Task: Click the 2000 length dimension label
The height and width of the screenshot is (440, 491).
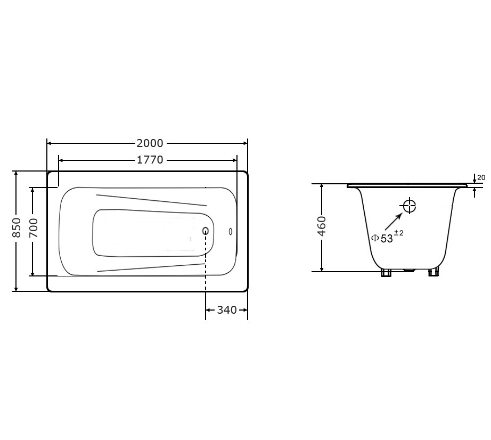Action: tap(150, 143)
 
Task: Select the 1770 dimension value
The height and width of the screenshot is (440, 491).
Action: tap(150, 160)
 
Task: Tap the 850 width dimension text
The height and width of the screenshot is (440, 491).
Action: tap(17, 227)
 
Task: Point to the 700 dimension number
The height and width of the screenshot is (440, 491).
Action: tap(34, 227)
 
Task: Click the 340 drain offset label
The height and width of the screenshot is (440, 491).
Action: tap(227, 310)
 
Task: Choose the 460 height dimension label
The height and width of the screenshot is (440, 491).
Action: tap(322, 226)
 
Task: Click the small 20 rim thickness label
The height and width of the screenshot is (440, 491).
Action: tap(481, 177)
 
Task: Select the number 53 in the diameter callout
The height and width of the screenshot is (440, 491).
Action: tap(387, 239)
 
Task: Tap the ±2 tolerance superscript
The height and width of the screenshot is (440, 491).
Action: tap(399, 233)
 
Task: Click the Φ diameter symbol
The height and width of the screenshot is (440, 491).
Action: tap(375, 238)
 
